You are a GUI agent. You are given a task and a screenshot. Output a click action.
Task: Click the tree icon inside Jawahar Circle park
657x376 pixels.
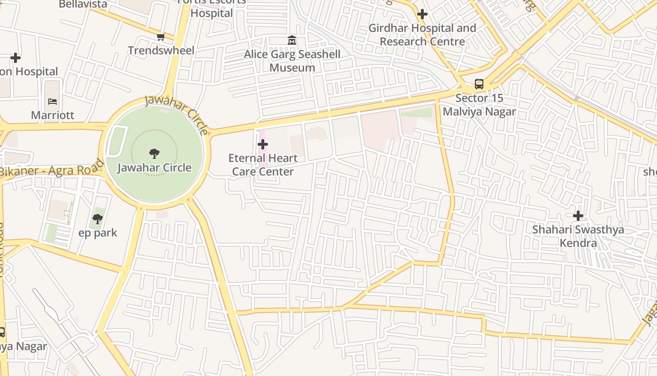tap(154, 153)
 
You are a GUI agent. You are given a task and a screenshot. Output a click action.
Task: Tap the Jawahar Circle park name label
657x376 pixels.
tap(154, 168)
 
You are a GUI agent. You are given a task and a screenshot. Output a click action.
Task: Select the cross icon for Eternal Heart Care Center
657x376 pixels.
tap(263, 144)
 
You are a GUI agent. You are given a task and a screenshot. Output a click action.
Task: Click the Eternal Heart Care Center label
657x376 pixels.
tap(263, 164)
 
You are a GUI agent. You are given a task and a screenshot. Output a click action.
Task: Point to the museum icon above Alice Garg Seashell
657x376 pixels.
tap(292, 40)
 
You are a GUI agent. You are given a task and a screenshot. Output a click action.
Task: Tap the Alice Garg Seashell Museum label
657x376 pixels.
tap(292, 61)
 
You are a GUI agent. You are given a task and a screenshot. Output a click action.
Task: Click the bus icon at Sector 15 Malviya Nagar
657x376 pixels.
tap(479, 84)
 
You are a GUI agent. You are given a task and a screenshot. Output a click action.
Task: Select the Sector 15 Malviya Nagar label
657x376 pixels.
tap(479, 105)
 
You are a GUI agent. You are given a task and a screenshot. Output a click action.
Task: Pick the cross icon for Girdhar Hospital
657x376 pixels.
tap(422, 14)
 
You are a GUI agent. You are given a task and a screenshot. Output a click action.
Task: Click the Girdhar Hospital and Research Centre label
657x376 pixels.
tap(422, 35)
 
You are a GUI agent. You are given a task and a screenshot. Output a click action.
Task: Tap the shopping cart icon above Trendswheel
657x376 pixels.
tap(160, 37)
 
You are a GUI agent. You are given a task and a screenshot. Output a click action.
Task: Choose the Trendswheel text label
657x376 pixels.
tap(161, 50)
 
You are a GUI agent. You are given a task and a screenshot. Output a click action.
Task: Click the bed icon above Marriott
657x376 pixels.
tap(52, 101)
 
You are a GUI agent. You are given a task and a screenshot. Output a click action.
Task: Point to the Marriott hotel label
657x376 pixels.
tap(53, 115)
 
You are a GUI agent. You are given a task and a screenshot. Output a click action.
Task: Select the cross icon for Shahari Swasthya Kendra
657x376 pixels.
tap(578, 216)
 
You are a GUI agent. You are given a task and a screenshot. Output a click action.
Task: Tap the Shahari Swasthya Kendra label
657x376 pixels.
tap(578, 236)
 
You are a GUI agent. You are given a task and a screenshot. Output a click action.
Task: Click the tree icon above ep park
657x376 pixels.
tap(98, 219)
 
